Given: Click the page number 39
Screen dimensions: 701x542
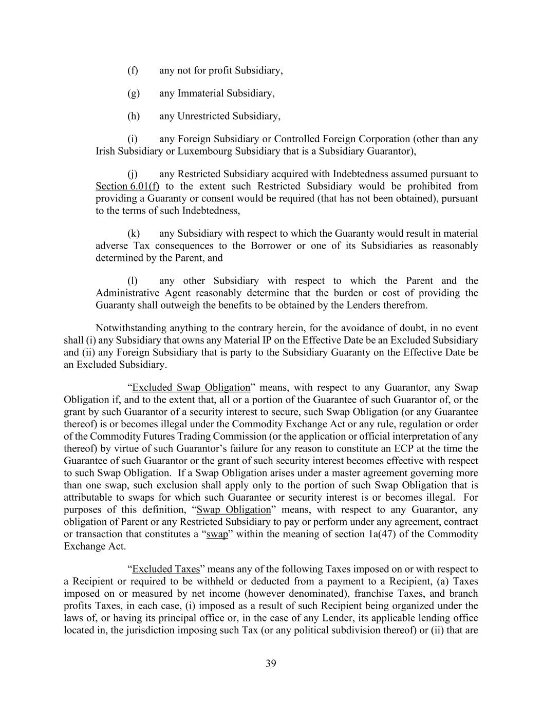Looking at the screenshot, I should coord(271,664).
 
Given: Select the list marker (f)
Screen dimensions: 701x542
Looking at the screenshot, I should coord(133,70).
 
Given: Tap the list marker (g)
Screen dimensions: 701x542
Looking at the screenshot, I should coord(133,93).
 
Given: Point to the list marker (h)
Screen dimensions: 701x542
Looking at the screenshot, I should coord(133,116).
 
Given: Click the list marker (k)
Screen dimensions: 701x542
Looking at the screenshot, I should coord(133,234).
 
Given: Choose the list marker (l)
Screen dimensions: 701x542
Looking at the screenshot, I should coord(133,281).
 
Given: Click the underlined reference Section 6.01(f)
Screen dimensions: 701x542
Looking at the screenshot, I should coord(127,186).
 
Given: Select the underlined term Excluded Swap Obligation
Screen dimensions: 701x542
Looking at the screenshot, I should coord(191,388).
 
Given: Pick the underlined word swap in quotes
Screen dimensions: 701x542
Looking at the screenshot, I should coord(217,535).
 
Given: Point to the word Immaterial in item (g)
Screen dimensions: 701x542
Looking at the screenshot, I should coord(200,93).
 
